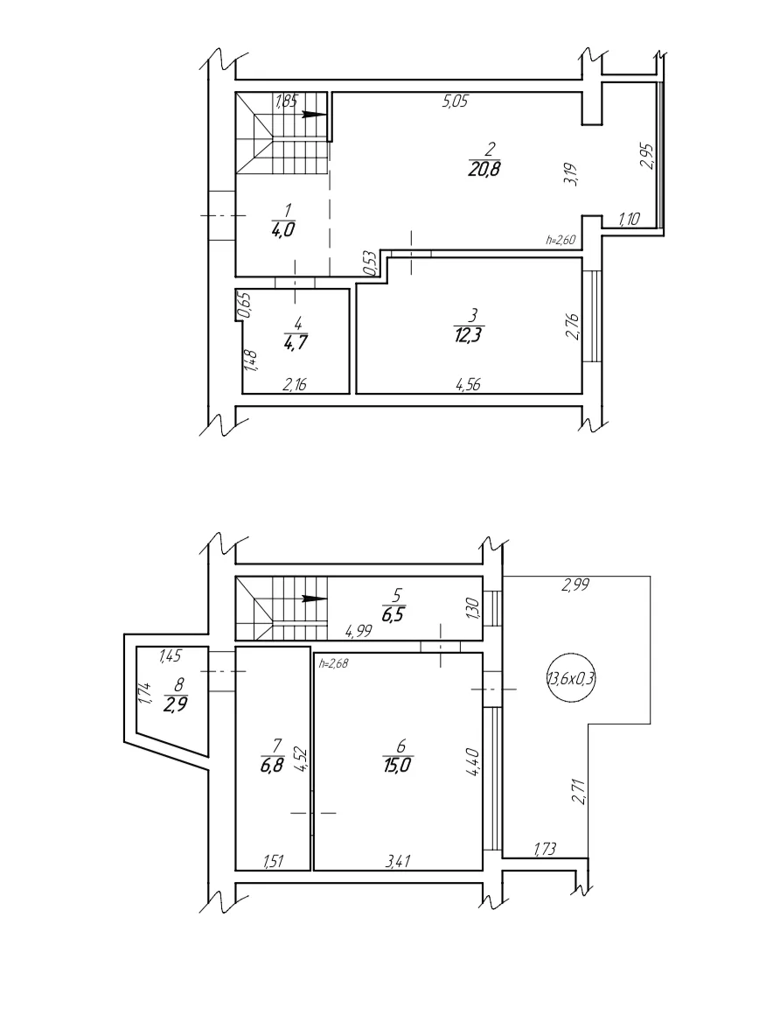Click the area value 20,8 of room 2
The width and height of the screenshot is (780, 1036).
click(x=484, y=169)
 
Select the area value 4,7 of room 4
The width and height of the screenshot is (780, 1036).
click(x=297, y=343)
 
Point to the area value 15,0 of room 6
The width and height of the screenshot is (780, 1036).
click(x=398, y=765)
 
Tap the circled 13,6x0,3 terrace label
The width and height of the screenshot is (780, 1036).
click(x=571, y=678)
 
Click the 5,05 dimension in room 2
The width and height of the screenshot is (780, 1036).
click(x=456, y=101)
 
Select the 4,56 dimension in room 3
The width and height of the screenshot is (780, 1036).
click(x=468, y=384)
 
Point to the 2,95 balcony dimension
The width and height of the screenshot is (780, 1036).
click(x=646, y=156)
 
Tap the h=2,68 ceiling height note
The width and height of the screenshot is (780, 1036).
click(x=333, y=663)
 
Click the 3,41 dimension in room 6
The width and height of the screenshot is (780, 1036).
click(x=398, y=861)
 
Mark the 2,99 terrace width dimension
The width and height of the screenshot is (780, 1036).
click(x=575, y=584)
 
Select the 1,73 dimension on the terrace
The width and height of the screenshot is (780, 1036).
click(x=544, y=849)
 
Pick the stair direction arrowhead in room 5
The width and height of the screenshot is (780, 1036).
click(x=315, y=599)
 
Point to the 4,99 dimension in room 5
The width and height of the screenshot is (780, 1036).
click(x=359, y=631)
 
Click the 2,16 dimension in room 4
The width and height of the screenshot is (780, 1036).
click(x=295, y=384)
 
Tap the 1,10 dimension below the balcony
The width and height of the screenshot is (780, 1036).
click(x=629, y=219)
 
